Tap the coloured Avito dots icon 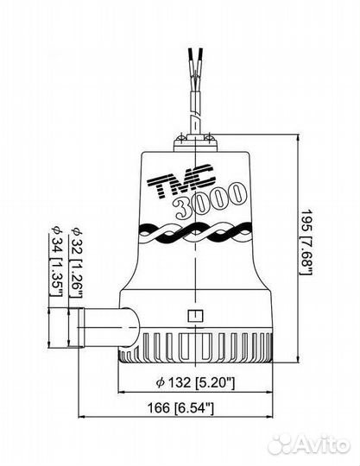coord(281,445)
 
